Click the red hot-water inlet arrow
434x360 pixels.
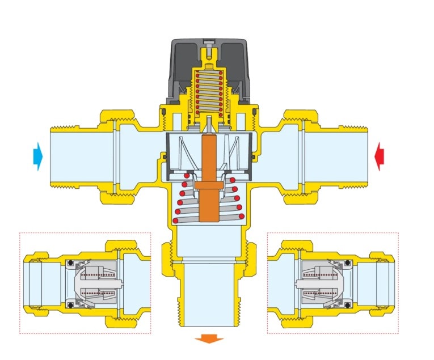[x=380, y=156]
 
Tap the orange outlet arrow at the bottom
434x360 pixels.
[x=209, y=340]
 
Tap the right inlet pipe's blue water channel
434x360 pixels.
[x=340, y=156]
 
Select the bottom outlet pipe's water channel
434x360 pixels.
[x=209, y=295]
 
